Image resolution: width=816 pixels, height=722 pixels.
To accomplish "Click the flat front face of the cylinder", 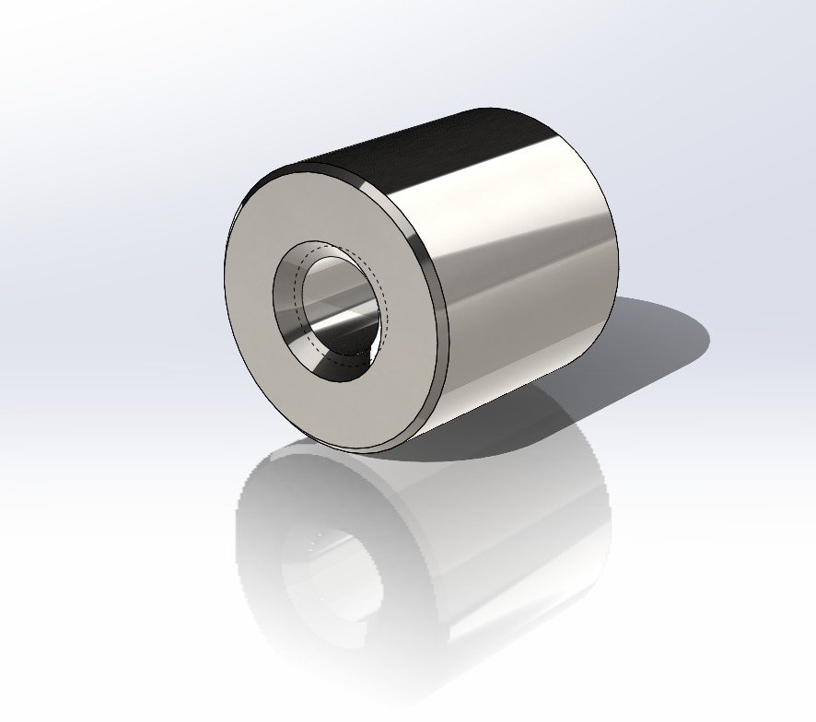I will [267, 368].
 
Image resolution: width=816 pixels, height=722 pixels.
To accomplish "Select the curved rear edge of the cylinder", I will [615, 249].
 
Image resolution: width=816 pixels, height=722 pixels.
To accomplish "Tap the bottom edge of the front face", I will [368, 450].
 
